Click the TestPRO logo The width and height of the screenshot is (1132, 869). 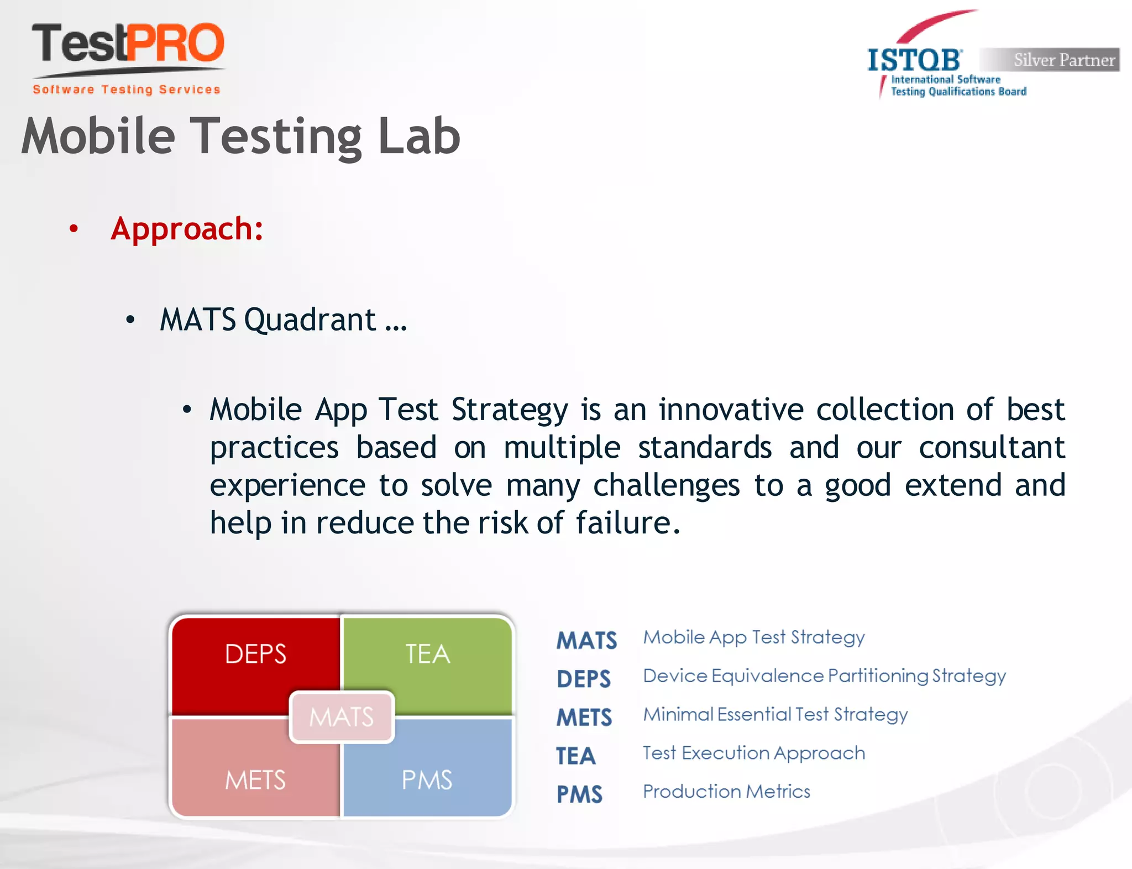[x=128, y=44]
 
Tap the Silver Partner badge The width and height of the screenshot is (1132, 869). [x=1050, y=60]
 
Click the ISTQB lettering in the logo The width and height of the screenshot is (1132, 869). [x=914, y=60]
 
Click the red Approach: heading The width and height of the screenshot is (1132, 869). [x=187, y=229]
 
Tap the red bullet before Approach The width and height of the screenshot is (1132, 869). [x=74, y=228]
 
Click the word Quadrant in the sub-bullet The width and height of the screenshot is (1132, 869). [x=310, y=320]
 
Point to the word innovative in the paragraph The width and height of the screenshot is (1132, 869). [x=731, y=410]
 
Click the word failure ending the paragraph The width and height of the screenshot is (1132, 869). [x=623, y=523]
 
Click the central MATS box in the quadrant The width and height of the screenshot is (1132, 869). [x=342, y=717]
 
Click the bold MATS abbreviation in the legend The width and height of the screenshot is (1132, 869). [x=586, y=641]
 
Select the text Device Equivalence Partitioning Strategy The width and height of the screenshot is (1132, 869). [x=824, y=676]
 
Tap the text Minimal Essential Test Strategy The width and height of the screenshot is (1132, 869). [x=775, y=715]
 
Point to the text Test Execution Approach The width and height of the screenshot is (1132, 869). [x=754, y=753]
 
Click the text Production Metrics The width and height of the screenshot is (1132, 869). [x=726, y=792]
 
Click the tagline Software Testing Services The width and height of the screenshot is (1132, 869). [x=127, y=90]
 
